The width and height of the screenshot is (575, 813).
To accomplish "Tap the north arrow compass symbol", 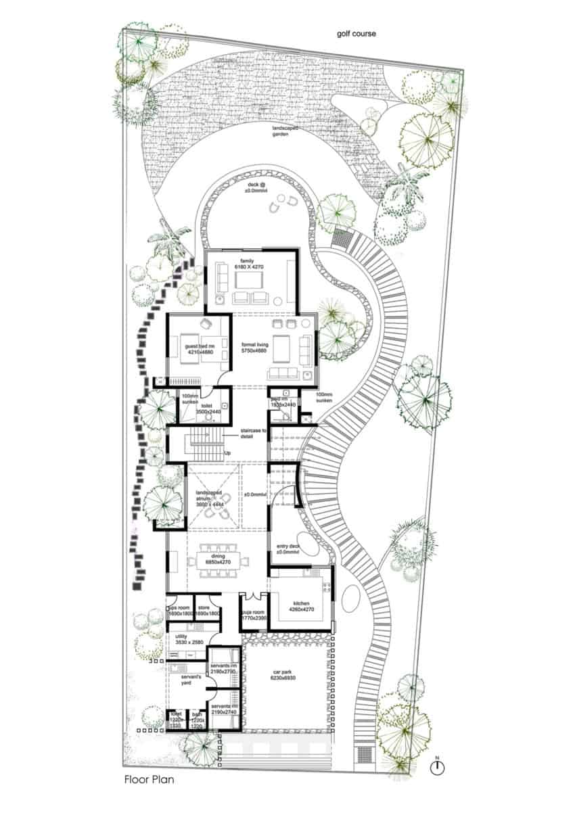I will point(440,767).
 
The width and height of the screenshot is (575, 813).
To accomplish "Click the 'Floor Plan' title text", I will point(149,779).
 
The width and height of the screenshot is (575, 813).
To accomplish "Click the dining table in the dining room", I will point(221,560).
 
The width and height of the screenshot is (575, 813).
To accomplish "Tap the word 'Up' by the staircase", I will point(228,452).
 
